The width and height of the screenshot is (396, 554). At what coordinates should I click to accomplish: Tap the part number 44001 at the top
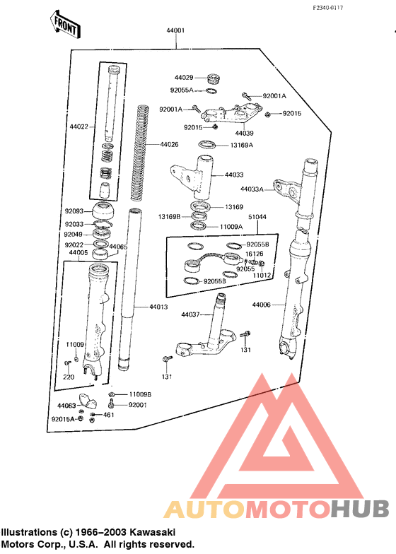pos(175,30)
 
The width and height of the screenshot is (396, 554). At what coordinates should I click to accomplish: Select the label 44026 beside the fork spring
pos(170,144)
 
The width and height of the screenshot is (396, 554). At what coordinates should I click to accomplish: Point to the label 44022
pos(79,126)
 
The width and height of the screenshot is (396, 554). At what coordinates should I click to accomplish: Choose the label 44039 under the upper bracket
pos(245,133)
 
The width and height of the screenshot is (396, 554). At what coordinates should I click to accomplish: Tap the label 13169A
pos(242,145)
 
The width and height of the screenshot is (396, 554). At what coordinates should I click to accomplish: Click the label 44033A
pos(252,189)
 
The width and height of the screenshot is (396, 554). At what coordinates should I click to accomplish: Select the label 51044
pos(257,216)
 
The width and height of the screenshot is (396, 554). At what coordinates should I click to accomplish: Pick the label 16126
pos(255,254)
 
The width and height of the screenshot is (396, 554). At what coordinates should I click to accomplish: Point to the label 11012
pos(262,276)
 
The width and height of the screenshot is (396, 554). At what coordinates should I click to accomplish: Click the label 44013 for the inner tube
pos(158,307)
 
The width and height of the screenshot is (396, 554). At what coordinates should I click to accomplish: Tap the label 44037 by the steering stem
pos(191,314)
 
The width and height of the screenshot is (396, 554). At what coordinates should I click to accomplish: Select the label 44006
pos(262,305)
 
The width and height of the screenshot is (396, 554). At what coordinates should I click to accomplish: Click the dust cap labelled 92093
pos(103,211)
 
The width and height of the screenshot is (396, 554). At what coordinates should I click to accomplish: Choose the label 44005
pos(78,253)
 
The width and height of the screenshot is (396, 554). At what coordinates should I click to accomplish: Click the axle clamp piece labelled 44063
pos(88,401)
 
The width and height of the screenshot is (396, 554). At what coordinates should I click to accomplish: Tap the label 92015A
pos(63,420)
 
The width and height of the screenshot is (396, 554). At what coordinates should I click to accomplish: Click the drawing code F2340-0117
pos(328,8)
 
